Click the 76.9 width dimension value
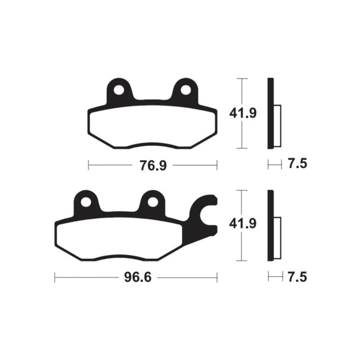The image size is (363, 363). (x=153, y=166)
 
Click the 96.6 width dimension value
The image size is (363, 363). (x=138, y=277)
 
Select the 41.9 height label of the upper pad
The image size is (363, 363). (x=243, y=113)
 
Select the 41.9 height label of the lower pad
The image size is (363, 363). (x=243, y=224)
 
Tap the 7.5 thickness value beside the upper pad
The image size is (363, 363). (x=298, y=163)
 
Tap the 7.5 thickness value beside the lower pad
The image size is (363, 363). (x=298, y=277)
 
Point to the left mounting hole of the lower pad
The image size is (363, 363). (x=86, y=202)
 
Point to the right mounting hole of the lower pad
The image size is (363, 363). (x=153, y=202)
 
